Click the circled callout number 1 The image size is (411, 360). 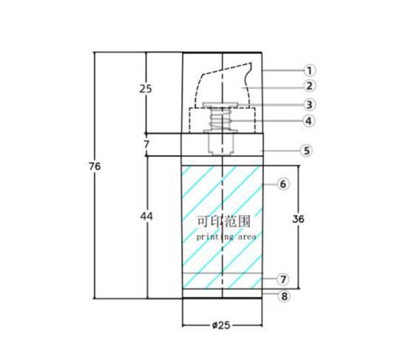click(x=310, y=71)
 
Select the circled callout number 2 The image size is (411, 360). click(x=310, y=86)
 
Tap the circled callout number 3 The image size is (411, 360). click(x=310, y=105)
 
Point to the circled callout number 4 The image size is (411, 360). click(x=309, y=121)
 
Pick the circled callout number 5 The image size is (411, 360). click(x=306, y=151)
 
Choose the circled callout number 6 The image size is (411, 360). click(x=283, y=184)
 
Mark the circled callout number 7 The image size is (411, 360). click(x=283, y=280)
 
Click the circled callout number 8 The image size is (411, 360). click(x=284, y=296)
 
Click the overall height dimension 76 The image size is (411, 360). click(x=95, y=167)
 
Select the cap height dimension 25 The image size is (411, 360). click(x=145, y=89)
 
